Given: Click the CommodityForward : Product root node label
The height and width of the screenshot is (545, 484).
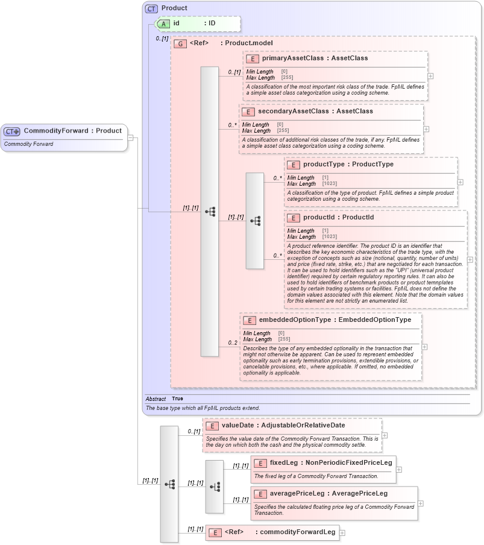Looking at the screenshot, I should (72, 131).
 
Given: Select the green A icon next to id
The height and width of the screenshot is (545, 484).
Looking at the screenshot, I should (163, 24).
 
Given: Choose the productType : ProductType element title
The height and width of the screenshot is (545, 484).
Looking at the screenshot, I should (348, 165).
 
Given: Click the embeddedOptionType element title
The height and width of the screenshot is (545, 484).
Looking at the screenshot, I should (335, 320).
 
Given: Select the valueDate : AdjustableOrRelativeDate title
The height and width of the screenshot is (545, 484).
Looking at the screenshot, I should (283, 426).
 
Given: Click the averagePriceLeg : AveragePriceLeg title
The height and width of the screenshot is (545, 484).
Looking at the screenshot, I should (328, 494).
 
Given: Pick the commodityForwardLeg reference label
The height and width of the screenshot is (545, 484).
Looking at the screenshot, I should (280, 532).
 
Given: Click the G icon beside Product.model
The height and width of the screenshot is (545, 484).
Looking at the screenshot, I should (180, 44).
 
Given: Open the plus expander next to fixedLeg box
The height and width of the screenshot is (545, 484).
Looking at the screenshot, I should (399, 470).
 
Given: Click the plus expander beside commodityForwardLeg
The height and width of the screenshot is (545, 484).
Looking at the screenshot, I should (342, 532).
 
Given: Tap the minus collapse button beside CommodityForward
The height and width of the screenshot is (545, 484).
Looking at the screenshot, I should (130, 137).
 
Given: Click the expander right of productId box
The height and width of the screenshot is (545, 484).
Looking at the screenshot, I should (470, 259).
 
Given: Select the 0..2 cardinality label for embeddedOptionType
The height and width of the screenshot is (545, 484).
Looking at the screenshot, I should (232, 343).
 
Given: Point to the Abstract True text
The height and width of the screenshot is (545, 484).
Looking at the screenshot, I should (165, 399).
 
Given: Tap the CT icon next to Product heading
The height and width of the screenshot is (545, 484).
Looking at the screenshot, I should (151, 8).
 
